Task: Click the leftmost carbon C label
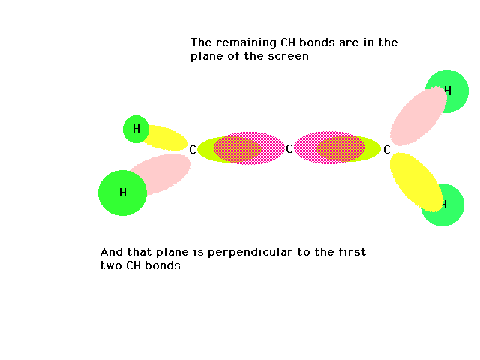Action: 192,150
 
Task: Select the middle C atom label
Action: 289,149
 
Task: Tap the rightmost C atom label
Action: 387,150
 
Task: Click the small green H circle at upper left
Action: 136,129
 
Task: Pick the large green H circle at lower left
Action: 122,193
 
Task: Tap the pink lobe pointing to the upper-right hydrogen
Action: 418,116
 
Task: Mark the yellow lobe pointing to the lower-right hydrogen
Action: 416,181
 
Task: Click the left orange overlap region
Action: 238,149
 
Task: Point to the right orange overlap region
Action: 340,148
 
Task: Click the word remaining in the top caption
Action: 246,43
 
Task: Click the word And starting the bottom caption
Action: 112,252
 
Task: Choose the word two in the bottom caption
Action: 111,265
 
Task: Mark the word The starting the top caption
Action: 202,43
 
